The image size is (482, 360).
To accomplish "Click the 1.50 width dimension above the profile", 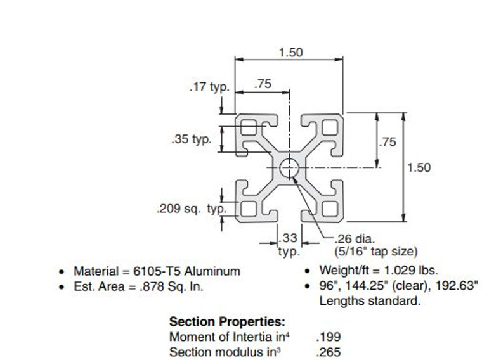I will [290, 53].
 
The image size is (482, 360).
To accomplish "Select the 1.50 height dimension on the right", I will [419, 167].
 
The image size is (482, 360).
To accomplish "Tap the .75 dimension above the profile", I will [263, 84].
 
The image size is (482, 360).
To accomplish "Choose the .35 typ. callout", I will [191, 139].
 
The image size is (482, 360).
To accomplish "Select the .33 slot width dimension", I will [289, 238].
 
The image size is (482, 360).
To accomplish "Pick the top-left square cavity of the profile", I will [249, 128].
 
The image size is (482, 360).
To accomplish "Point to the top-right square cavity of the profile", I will [330, 128].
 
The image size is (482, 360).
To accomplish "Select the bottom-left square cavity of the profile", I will [249, 208].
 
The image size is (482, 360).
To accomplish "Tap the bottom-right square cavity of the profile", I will [330, 208].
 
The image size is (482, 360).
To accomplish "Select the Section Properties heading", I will [227, 322].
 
